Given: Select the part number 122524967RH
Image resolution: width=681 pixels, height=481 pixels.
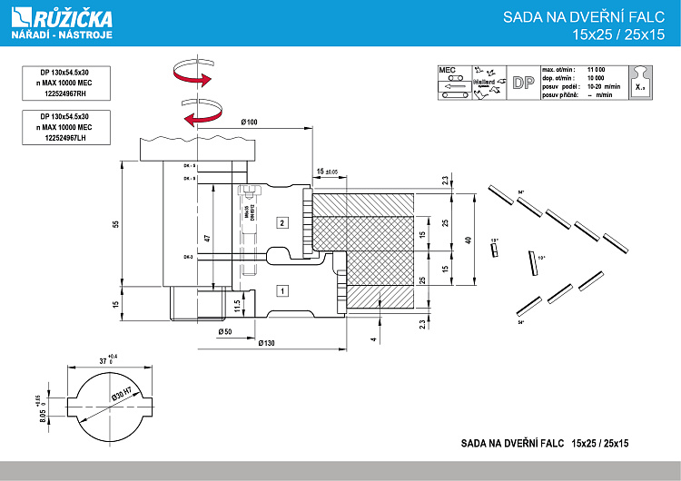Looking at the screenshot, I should point(64,93).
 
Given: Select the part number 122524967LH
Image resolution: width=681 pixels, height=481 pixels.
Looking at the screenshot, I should point(64,138).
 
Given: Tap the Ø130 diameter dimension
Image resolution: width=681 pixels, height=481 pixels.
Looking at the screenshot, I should point(266,344).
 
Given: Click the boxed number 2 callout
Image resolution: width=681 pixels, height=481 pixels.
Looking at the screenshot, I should point(282,222).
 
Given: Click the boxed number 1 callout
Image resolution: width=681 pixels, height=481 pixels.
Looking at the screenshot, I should point(282,291).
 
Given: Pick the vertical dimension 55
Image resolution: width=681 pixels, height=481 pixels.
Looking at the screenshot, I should point(116,224).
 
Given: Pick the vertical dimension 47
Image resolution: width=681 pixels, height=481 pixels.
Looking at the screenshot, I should point(208,238).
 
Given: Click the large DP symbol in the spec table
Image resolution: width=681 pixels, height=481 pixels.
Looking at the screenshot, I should point(522,83).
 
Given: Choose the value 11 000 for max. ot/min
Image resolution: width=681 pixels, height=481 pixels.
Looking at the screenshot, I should point(596,69).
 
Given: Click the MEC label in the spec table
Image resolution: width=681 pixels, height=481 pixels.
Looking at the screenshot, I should point(447,69).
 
